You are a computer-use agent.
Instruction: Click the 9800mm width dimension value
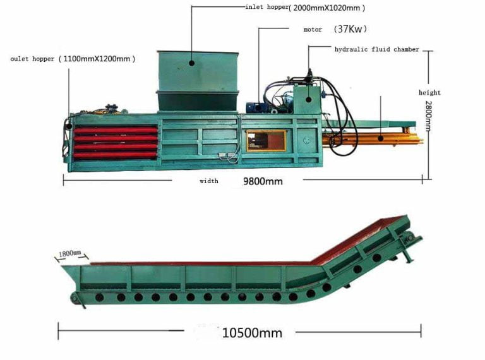[x=263, y=181]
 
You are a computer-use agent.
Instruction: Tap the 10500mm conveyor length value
[x=252, y=332]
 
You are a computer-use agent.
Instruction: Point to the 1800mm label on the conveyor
[x=70, y=254]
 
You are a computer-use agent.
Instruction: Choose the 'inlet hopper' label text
[x=266, y=7]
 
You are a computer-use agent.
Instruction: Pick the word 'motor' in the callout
[x=313, y=30]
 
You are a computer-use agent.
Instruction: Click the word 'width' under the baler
[x=209, y=181]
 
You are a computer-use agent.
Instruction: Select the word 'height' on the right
[x=429, y=93]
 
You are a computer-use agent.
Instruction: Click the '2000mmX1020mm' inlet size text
[x=328, y=8]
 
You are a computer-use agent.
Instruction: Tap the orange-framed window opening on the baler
[x=265, y=140]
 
